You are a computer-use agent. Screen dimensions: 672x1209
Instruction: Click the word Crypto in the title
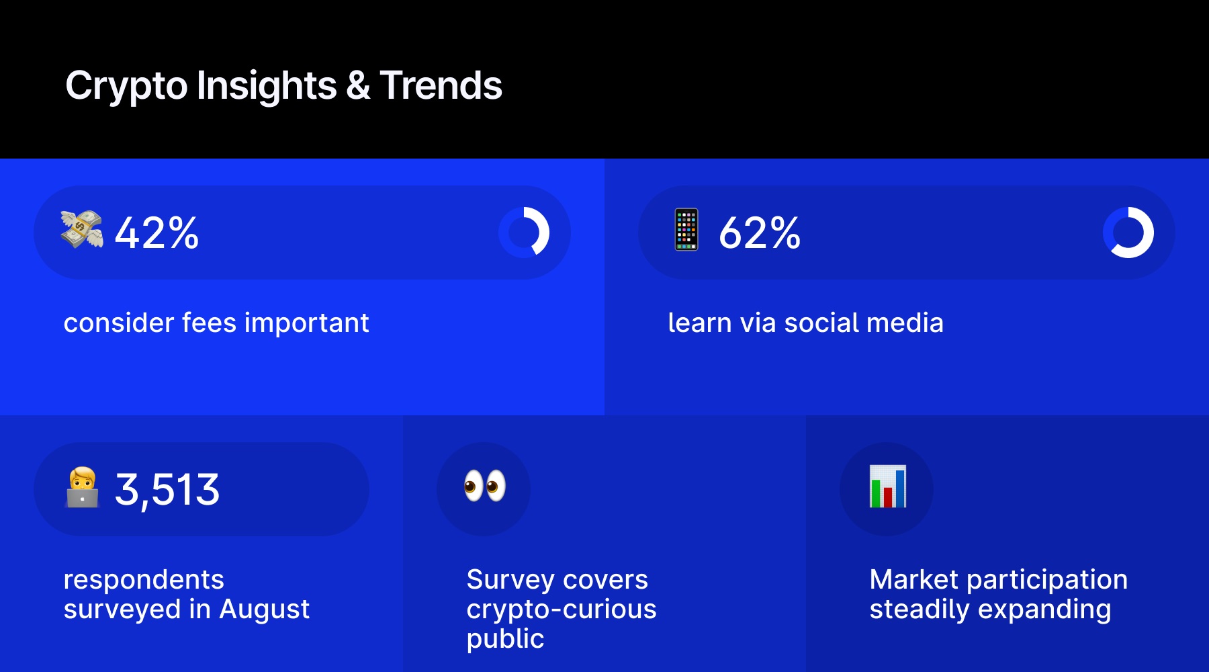click(126, 86)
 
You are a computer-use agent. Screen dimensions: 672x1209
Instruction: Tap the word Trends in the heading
click(441, 86)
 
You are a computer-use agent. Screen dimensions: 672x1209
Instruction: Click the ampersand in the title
click(358, 86)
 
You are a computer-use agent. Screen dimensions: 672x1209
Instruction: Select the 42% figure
click(156, 233)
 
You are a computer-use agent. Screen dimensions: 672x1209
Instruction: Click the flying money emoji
click(81, 229)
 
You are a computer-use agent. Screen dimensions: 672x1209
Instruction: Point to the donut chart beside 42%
click(524, 233)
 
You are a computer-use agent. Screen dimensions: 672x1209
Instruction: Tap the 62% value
click(760, 233)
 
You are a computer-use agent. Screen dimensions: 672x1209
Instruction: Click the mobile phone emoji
click(686, 230)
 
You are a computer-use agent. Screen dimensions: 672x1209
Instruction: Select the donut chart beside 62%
click(1128, 233)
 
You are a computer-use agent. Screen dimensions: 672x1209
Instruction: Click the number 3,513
click(167, 489)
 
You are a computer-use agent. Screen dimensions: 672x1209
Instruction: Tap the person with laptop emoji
click(82, 488)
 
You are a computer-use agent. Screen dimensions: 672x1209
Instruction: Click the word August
click(264, 610)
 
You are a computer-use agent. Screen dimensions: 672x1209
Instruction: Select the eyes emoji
click(484, 486)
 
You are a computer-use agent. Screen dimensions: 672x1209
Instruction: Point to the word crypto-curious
click(561, 610)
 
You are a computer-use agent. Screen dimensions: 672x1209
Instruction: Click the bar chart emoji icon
click(887, 487)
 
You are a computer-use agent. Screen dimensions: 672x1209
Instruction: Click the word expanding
click(1044, 610)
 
